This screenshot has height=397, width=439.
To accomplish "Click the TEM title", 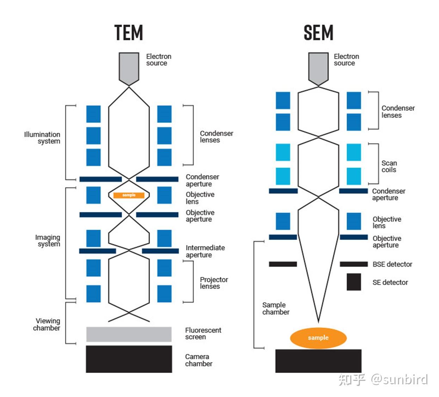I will (129, 32).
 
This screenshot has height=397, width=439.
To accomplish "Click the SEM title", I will (318, 32).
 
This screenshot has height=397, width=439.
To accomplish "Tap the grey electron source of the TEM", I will (129, 67).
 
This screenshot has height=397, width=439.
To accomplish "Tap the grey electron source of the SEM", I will (318, 67).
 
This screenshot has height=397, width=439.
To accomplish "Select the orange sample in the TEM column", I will (129, 195).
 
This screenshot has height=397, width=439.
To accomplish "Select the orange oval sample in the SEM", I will (318, 338).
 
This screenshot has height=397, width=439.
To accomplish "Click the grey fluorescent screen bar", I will (129, 334).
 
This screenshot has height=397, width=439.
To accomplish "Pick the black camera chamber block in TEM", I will (129, 359).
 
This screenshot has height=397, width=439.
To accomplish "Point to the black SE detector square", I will (353, 282).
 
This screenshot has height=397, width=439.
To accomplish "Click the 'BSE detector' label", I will (392, 264).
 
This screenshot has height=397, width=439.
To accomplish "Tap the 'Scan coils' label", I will (389, 167).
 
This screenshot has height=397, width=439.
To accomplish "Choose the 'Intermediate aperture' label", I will (205, 251).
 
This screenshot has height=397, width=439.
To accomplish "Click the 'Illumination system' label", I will (42, 138).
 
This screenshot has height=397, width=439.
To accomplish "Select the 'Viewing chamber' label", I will (47, 324).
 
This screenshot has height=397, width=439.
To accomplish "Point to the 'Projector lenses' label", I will (214, 283).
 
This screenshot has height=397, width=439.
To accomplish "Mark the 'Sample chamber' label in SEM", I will (276, 308).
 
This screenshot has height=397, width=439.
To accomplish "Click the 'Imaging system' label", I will (48, 241).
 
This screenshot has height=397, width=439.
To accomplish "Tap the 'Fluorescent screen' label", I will (203, 333).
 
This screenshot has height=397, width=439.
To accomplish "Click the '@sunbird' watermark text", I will (399, 380).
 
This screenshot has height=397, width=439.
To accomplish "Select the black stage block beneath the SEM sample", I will (318, 361).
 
